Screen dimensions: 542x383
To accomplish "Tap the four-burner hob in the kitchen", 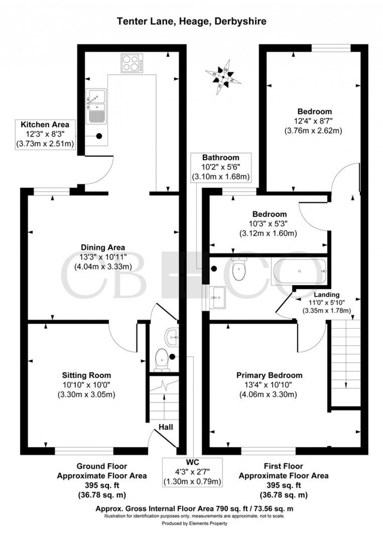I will pyautogui.click(x=132, y=63).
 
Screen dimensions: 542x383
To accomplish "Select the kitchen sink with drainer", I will pyautogui.click(x=96, y=106).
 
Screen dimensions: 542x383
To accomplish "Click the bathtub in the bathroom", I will pyautogui.click(x=299, y=271).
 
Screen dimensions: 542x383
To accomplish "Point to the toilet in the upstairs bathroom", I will pyautogui.click(x=238, y=269).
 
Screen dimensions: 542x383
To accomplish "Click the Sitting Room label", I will pyautogui.click(x=86, y=375).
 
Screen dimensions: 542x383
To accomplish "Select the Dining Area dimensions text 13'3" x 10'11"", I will pyautogui.click(x=103, y=257).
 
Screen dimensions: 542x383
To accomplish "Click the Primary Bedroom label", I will pyautogui.click(x=269, y=375).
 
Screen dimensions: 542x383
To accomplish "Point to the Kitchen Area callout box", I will pyautogui.click(x=45, y=134).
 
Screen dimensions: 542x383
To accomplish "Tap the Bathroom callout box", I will pyautogui.click(x=220, y=167).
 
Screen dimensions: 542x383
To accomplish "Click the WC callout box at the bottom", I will pyautogui.click(x=192, y=471).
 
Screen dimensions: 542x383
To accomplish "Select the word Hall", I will pyautogui.click(x=166, y=427).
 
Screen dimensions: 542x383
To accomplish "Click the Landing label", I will pyautogui.click(x=327, y=295).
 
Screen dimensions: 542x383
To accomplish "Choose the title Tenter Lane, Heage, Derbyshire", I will pyautogui.click(x=192, y=21).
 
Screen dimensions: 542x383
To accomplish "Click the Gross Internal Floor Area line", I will pyautogui.click(x=194, y=509).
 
